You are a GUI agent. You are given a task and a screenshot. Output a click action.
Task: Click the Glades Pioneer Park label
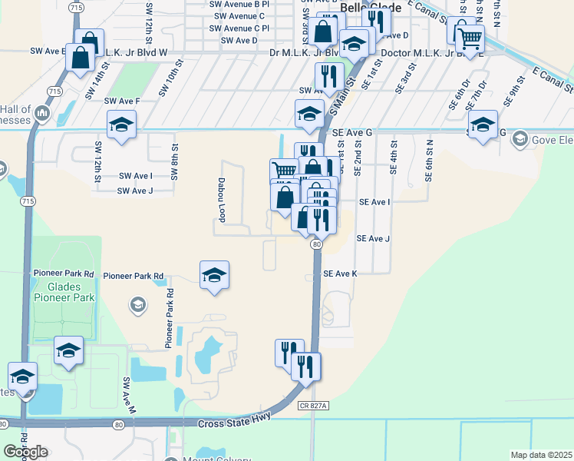[64, 292]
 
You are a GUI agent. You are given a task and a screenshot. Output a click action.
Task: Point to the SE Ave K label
[341, 274]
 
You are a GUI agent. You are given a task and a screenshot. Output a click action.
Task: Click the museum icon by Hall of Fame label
[42, 114]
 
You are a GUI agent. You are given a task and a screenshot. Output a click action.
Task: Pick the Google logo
[25, 452]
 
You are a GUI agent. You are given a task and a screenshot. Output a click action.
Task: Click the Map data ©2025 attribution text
[541, 455]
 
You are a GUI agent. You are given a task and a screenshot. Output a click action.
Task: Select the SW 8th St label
[175, 161]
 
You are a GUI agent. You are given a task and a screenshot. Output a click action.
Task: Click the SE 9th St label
[513, 90]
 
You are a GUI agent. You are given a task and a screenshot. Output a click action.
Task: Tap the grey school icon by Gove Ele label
[521, 139]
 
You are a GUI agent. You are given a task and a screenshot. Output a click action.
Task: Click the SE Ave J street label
[374, 239]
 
